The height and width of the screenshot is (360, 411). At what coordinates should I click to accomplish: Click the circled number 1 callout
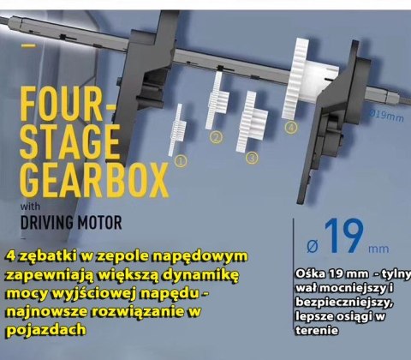tap(182, 161)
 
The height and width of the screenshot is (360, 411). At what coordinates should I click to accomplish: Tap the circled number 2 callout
tap(216, 137)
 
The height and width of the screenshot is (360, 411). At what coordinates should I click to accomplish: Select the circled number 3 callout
tap(252, 158)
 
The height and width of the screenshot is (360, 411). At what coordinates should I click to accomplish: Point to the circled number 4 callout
tap(291, 127)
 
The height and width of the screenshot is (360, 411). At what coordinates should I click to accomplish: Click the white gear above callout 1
tap(177, 129)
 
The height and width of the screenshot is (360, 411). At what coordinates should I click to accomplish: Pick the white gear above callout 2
tap(217, 100)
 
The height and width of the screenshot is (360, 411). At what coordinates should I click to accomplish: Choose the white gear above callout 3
tap(251, 122)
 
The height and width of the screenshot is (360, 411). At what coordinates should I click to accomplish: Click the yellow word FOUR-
tap(68, 104)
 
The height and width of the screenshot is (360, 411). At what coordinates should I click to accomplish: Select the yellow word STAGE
tap(70, 141)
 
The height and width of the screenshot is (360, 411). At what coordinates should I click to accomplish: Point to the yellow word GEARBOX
tap(94, 180)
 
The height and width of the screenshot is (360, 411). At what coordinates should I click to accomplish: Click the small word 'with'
tap(30, 207)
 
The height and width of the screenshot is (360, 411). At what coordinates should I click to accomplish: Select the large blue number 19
tap(344, 236)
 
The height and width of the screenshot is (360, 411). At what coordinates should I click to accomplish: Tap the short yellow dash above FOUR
tap(29, 45)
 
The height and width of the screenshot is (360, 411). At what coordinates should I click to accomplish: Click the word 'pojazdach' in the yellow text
tap(46, 330)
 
